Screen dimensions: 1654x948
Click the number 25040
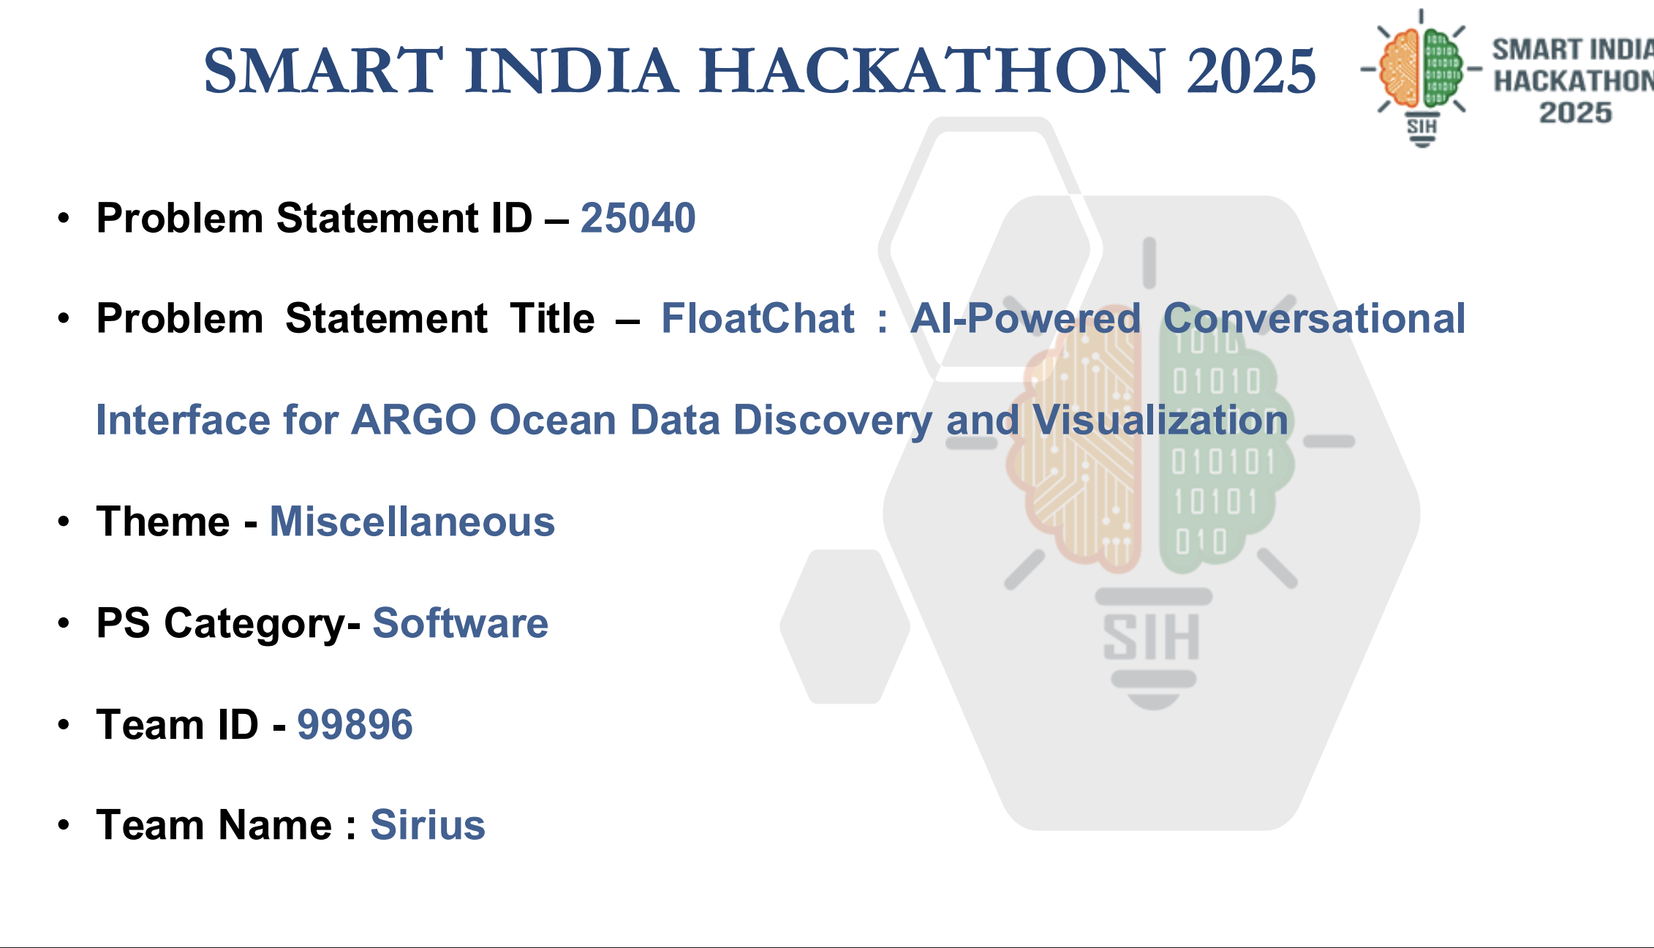(638, 218)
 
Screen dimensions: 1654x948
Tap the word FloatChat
(758, 318)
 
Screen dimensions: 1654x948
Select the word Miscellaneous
(412, 522)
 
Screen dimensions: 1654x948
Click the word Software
(461, 623)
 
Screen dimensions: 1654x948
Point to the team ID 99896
(355, 725)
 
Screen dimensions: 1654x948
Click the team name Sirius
(428, 825)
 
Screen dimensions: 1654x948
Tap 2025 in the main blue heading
(1251, 71)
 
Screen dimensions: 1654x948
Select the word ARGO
(414, 420)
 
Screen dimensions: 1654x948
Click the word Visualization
(1160, 420)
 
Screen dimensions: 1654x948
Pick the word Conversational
(1315, 318)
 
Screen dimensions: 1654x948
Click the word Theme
(163, 522)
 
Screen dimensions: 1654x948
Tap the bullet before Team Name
(64, 825)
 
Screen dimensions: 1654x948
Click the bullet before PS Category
(64, 623)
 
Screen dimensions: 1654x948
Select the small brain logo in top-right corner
(1421, 78)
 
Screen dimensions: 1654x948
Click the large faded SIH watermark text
(1151, 638)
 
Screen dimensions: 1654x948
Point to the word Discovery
(833, 420)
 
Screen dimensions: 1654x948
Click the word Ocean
(553, 420)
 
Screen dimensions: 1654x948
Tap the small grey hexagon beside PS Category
(845, 626)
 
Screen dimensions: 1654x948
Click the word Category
(262, 623)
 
